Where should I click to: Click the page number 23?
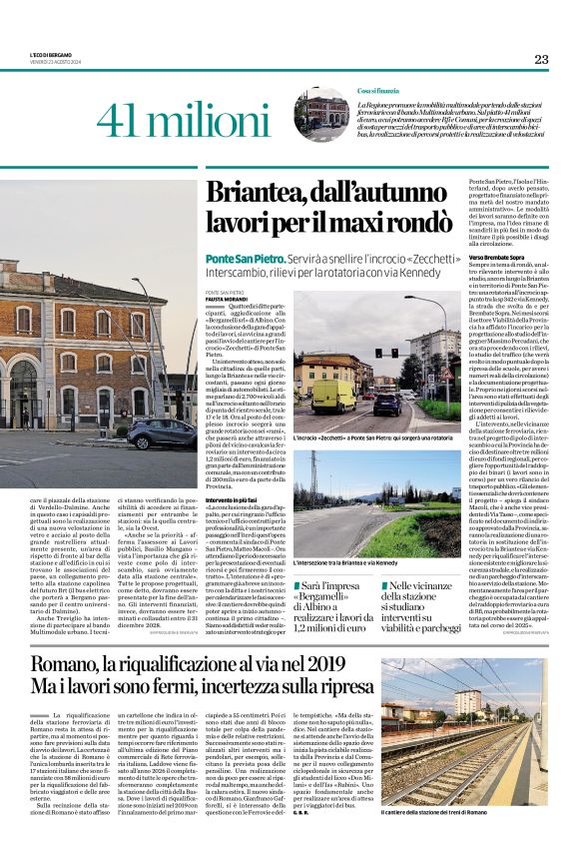click(x=541, y=59)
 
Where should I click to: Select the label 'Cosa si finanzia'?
click(x=379, y=91)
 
